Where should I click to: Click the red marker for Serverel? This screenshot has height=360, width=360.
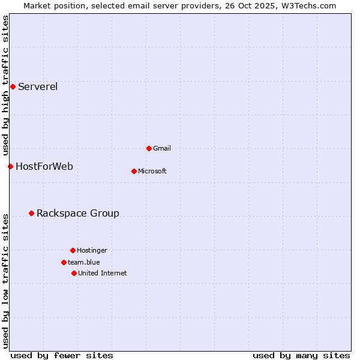pyautogui.click(x=13, y=86)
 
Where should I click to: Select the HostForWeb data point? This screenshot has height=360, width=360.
pyautogui.click(x=10, y=166)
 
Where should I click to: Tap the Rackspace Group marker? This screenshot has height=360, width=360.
pyautogui.click(x=31, y=213)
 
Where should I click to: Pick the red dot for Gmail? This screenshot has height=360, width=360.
pyautogui.click(x=149, y=148)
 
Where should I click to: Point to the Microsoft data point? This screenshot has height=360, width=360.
pyautogui.click(x=134, y=171)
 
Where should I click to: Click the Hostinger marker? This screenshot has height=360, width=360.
pyautogui.click(x=73, y=250)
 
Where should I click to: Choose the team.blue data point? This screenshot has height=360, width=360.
pyautogui.click(x=64, y=262)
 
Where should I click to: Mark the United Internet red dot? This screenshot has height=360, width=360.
pyautogui.click(x=74, y=273)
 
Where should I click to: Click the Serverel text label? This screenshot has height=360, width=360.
pyautogui.click(x=38, y=86)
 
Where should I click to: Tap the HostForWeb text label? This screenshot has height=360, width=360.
pyautogui.click(x=44, y=166)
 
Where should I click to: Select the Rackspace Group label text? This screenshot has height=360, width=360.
pyautogui.click(x=78, y=213)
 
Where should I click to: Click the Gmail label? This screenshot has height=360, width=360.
pyautogui.click(x=162, y=148)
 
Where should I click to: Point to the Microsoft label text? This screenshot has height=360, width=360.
pyautogui.click(x=152, y=171)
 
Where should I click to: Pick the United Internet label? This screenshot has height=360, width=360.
pyautogui.click(x=103, y=273)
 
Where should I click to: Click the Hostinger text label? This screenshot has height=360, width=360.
pyautogui.click(x=92, y=250)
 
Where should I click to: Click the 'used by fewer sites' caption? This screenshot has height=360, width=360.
pyautogui.click(x=62, y=355)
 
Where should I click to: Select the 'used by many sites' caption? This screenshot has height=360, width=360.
pyautogui.click(x=301, y=355)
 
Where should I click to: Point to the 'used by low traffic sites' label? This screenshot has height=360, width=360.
pyautogui.click(x=5, y=281)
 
